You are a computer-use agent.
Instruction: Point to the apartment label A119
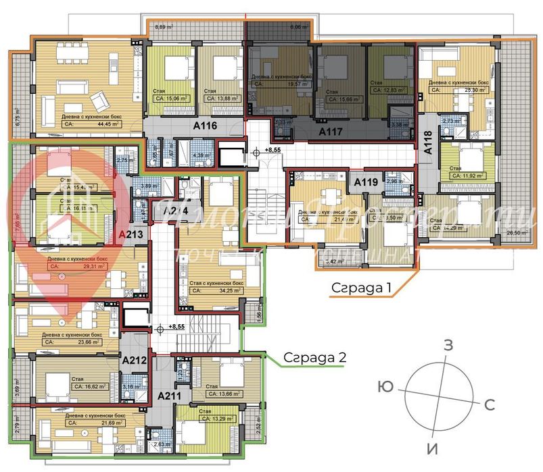tap(366, 181)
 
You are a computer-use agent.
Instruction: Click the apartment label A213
tap(131, 235)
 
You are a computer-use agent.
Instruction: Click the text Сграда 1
tap(362, 287)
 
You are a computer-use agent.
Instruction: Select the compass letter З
tap(448, 345)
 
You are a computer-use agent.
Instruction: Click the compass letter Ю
tap(386, 387)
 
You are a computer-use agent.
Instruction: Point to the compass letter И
tap(429, 448)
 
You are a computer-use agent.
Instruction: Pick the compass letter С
tap(490, 405)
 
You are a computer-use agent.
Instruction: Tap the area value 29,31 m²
tap(90, 267)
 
